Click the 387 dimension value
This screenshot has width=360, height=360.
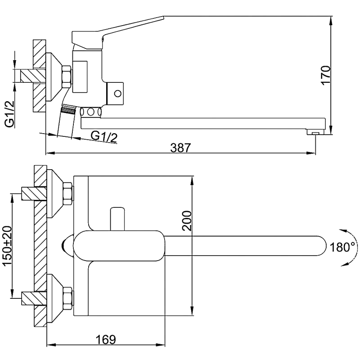tap(181, 147)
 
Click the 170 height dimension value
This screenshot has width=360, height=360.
tap(325, 75)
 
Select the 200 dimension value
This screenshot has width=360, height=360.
tap(187, 220)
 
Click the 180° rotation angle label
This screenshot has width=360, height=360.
tap(342, 247)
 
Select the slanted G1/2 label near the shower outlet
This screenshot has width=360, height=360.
tap(104, 136)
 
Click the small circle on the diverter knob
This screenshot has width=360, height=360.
tap(118, 94)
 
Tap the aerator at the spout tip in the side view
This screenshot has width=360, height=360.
tap(315, 133)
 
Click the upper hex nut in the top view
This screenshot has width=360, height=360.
tap(68, 193)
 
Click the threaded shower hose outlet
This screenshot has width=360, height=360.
tap(67, 109)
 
